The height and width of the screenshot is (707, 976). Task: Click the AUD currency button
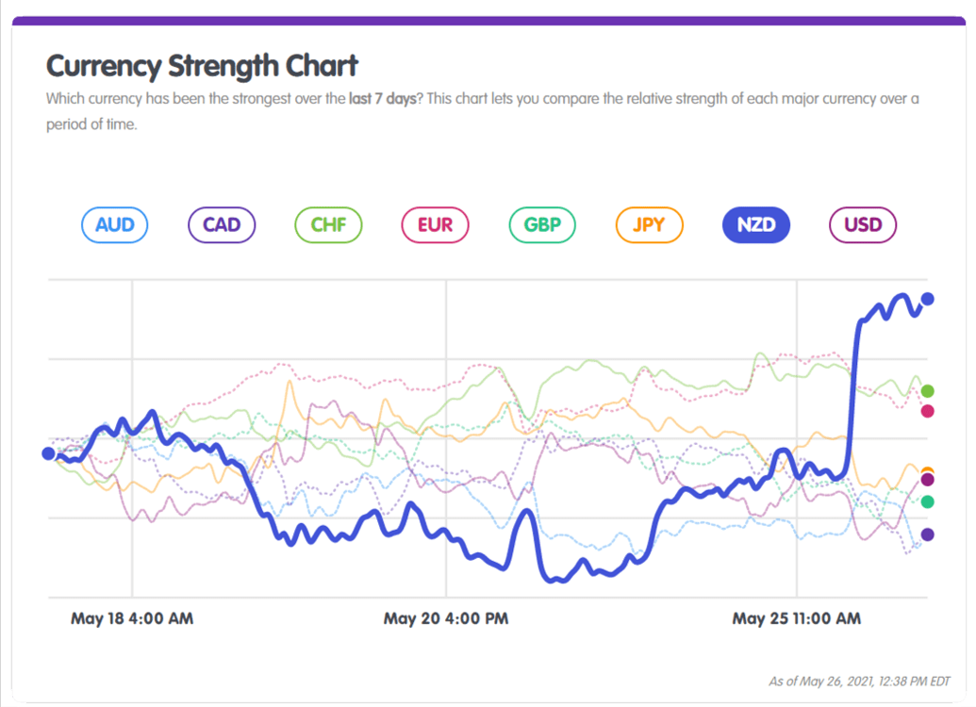(115, 225)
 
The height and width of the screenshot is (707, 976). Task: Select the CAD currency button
(222, 225)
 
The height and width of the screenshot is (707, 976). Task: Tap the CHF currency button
(328, 225)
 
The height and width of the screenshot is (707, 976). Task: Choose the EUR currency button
(435, 225)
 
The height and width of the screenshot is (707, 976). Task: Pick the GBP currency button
(542, 225)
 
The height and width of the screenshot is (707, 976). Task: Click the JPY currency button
(649, 225)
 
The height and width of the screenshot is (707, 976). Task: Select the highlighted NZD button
(755, 225)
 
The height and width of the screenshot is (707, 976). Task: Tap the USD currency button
(862, 225)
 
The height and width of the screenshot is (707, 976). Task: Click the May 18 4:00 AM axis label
(132, 619)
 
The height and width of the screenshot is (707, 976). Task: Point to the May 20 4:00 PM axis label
(446, 619)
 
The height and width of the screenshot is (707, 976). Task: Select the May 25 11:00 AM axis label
(797, 619)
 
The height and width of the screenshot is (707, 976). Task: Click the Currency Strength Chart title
(202, 66)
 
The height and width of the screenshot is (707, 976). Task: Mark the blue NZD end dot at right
(927, 299)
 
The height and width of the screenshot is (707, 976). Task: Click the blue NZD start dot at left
(49, 453)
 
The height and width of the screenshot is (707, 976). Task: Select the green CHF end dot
(927, 391)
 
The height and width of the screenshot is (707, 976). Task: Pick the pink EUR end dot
(927, 411)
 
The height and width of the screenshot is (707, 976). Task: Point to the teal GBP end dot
(927, 501)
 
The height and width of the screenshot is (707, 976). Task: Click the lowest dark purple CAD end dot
(927, 534)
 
